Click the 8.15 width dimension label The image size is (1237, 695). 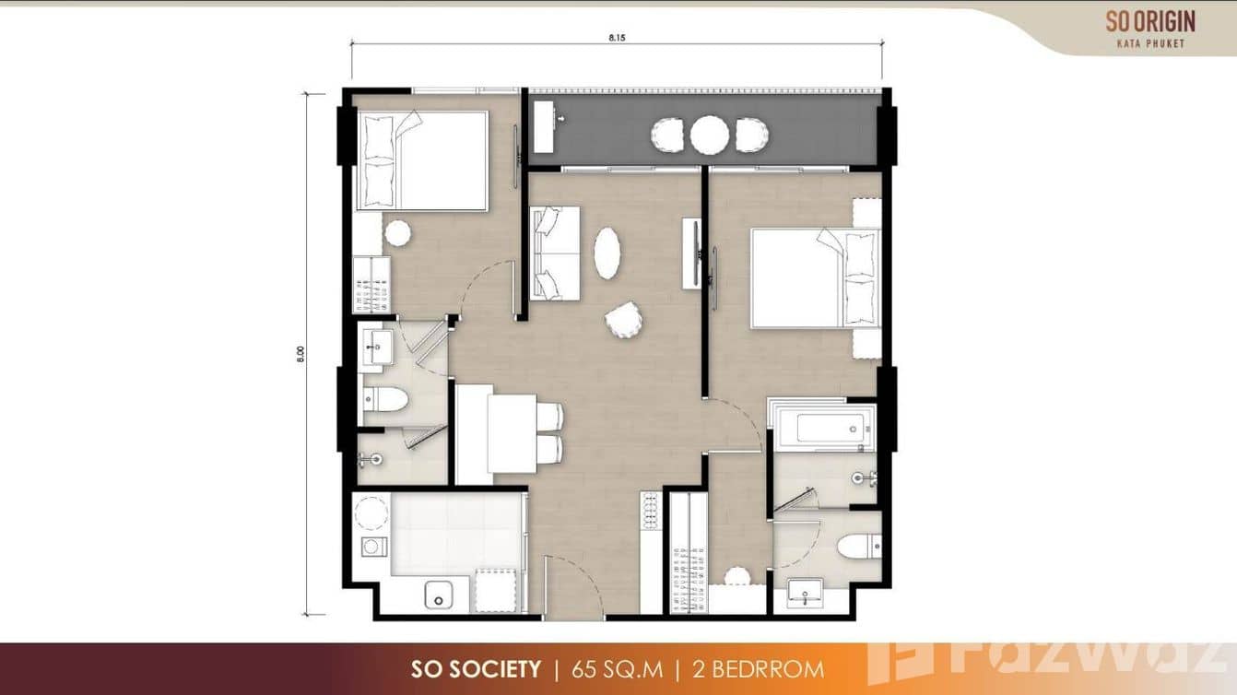pos(616,38)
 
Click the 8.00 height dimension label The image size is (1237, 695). pos(300,355)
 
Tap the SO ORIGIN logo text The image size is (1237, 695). pos(1150,21)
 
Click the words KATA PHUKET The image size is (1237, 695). pos(1151,42)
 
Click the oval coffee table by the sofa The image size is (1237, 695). pos(607,253)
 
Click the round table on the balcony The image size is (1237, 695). pos(709,135)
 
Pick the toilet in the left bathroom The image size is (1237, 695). pos(386,398)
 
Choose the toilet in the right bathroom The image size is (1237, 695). pos(856,546)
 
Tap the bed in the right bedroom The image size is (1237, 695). pos(813,277)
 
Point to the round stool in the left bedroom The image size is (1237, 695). pos(397,233)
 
